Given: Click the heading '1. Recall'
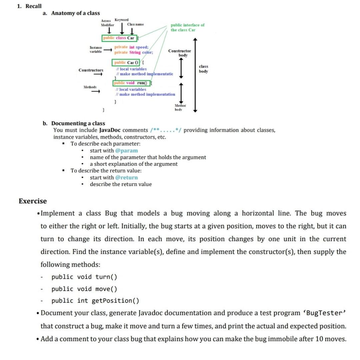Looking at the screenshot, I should point(29,6).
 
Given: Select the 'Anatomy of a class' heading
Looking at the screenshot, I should point(75,13).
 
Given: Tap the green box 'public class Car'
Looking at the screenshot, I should point(119,38).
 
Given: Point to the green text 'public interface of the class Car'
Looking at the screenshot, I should point(187,27).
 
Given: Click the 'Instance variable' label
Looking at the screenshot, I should point(96,50).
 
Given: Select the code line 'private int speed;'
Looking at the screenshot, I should point(131,47).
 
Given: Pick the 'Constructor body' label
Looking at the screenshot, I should point(180,53).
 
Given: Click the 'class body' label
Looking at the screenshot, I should point(203,69).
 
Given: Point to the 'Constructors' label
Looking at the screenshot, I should point(91,70).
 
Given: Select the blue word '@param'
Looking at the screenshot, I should point(126,150).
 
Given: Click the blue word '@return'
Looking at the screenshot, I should point(126,177).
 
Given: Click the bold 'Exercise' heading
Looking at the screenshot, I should point(33,201).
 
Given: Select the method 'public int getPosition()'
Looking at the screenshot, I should point(95,301).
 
